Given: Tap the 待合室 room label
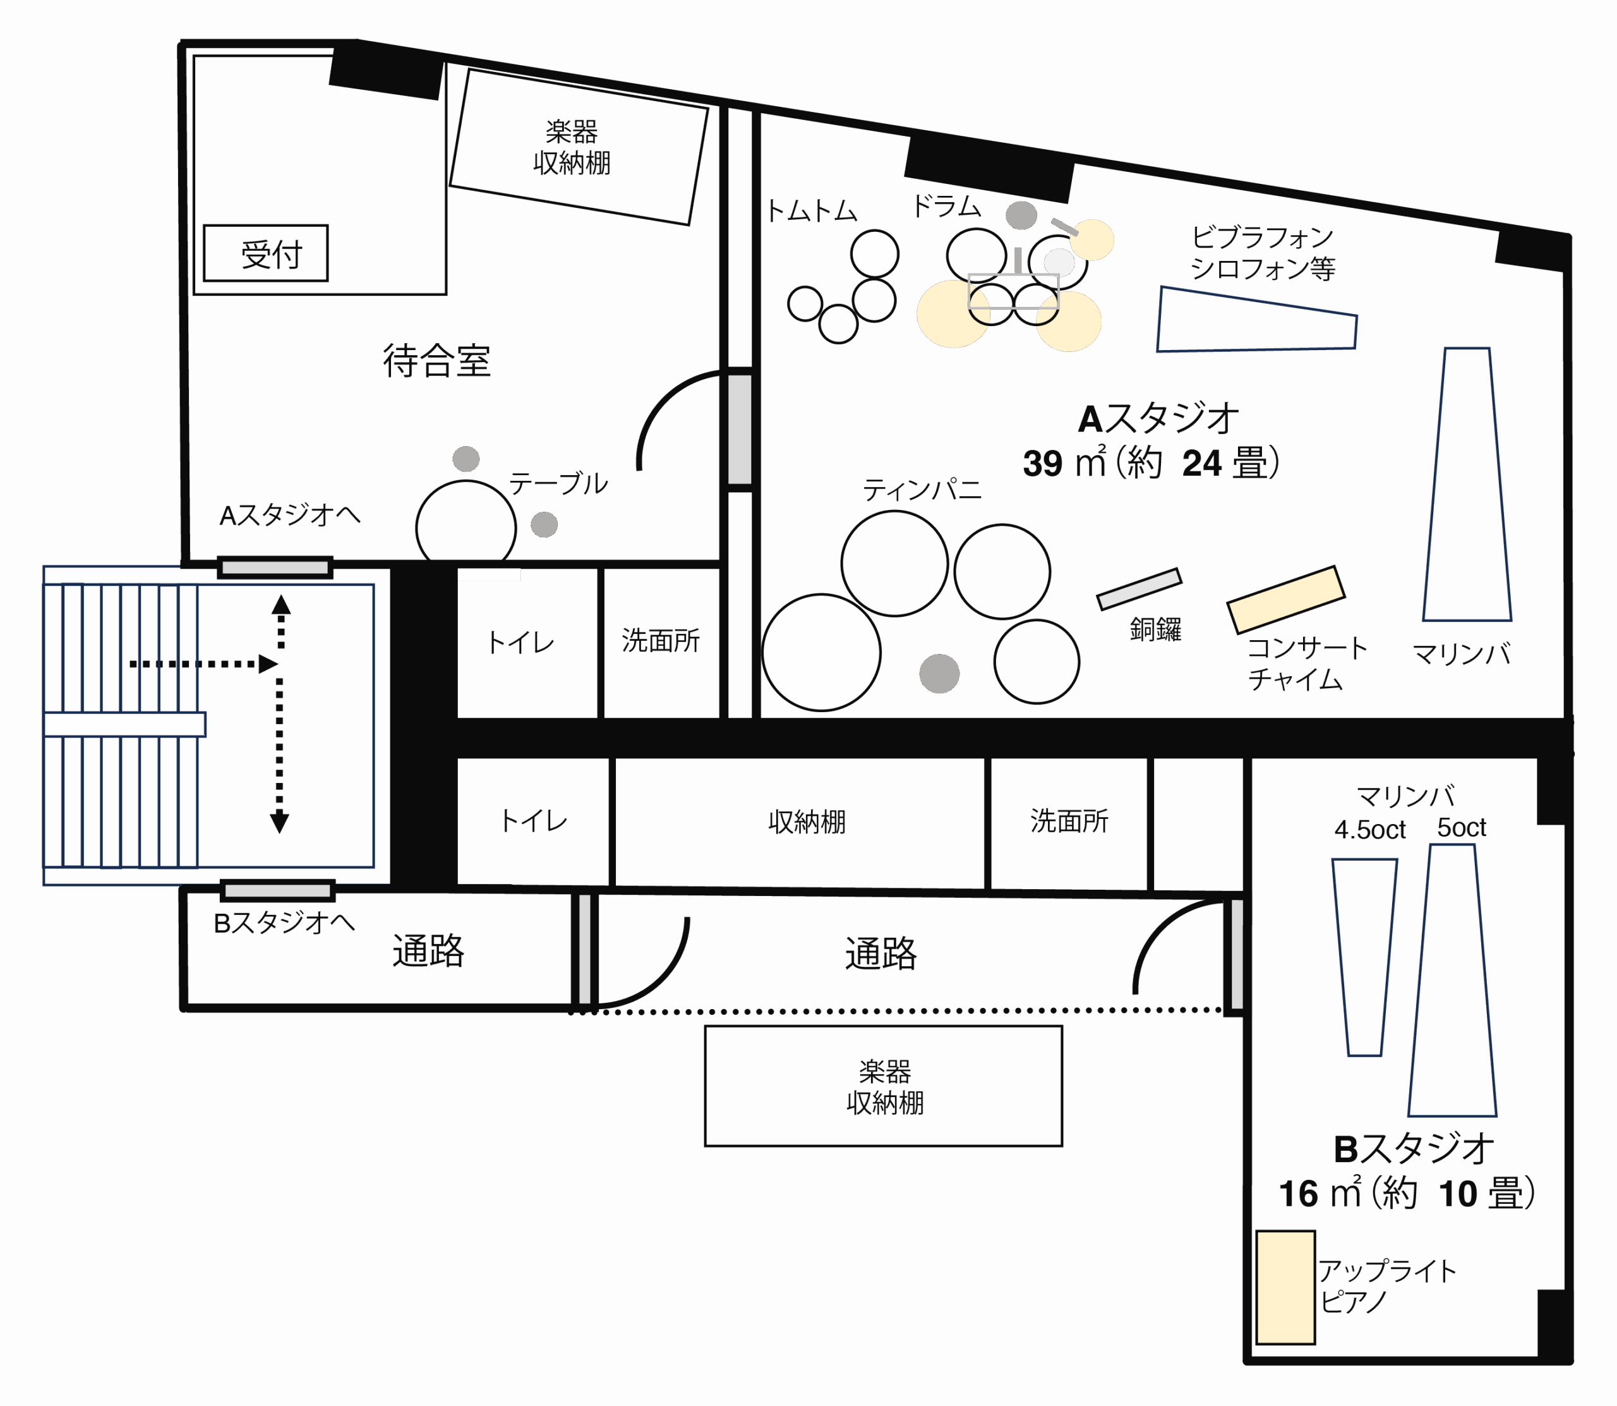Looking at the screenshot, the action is coord(437,361).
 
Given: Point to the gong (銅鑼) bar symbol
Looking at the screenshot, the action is coord(1139,589).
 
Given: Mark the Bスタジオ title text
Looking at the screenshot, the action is coord(1413,1149).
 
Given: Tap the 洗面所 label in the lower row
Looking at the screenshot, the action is coord(1069,821).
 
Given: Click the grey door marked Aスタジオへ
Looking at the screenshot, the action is coord(275,567).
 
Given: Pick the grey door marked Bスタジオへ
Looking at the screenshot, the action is coord(277,890).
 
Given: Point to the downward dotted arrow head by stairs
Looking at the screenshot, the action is coord(279,823).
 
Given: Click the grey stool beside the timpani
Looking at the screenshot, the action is coord(939,673).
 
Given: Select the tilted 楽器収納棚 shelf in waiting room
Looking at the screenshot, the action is coord(579,147).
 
